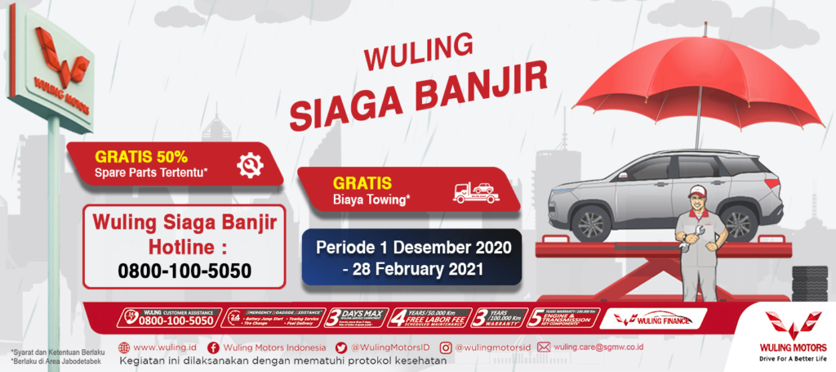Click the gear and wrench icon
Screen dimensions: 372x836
point(250,164)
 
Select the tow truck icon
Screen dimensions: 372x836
point(475,193)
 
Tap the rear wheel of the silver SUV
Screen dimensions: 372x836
point(737,222)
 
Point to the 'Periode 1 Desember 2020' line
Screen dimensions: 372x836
point(414,246)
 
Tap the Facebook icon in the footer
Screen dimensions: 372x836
point(212,347)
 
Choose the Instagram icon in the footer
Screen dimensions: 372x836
point(445,347)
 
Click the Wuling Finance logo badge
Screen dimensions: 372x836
point(653,319)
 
